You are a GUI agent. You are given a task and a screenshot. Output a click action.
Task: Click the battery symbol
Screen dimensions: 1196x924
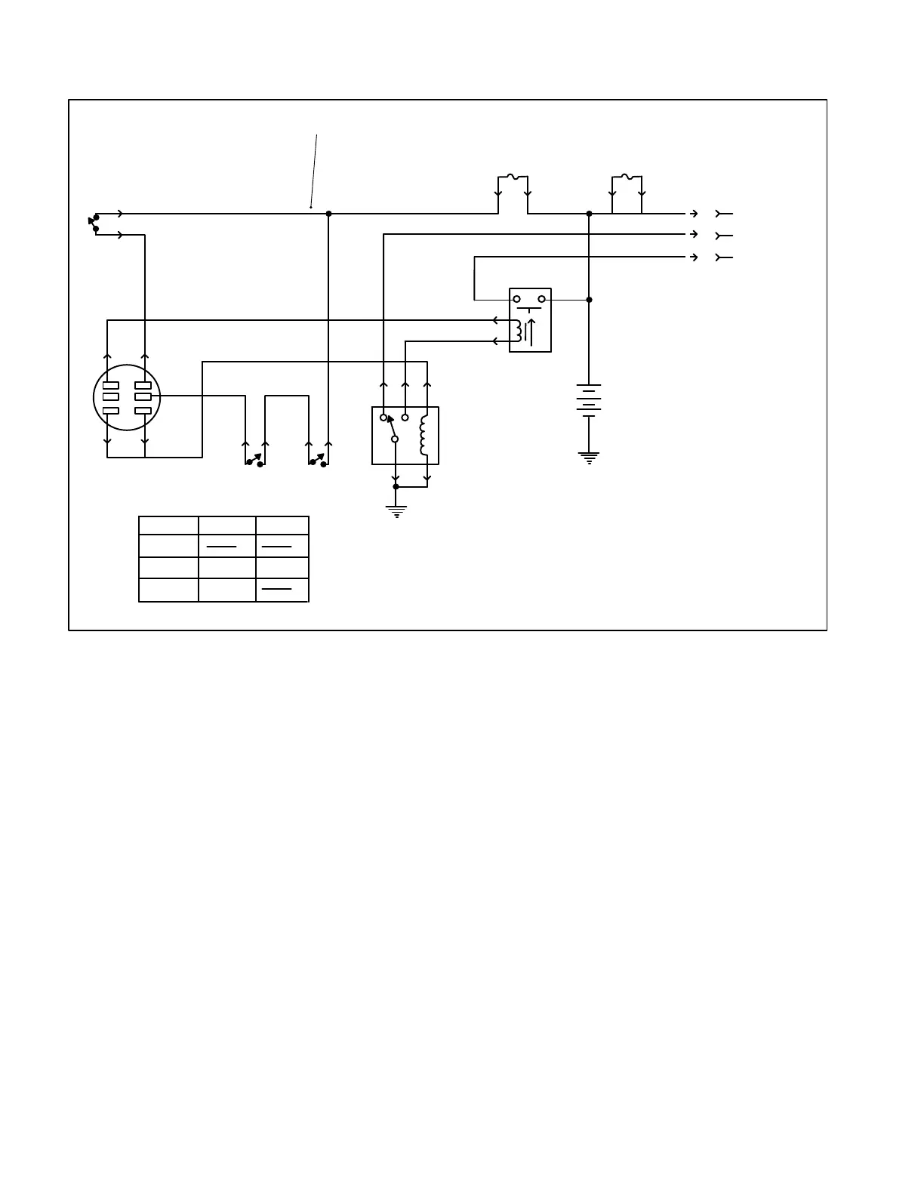tap(589, 400)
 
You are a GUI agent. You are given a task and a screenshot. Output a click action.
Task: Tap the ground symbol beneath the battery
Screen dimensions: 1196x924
tap(589, 457)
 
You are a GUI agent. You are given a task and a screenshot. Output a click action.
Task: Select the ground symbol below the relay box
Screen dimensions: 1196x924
tap(396, 511)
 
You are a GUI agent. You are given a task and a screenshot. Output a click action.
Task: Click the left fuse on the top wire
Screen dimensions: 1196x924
tap(513, 178)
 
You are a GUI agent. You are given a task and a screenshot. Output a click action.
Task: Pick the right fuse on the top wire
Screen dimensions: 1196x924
tap(626, 178)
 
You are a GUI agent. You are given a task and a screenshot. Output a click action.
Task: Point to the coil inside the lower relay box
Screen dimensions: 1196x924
tap(423, 435)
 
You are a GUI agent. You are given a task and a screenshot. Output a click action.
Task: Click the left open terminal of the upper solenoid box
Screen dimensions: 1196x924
tap(517, 300)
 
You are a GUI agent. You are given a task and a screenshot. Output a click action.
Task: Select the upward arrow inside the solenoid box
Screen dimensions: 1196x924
tap(531, 332)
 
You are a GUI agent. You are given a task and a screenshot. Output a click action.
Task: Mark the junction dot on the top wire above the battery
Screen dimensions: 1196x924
tap(590, 214)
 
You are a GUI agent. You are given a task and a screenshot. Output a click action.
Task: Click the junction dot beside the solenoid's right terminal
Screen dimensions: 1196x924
tap(590, 300)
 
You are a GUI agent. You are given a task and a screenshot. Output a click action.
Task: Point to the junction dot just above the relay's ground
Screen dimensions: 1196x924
tap(396, 487)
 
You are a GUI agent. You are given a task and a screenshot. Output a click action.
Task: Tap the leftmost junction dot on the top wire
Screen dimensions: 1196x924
tap(328, 214)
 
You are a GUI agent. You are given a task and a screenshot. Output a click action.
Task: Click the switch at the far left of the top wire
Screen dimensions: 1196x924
tap(94, 223)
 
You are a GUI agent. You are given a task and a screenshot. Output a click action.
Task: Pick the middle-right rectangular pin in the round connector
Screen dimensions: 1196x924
tap(143, 397)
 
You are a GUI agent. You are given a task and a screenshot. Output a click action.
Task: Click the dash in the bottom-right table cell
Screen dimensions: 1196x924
tap(276, 588)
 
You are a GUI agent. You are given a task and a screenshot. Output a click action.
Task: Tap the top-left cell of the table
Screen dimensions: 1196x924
tap(168, 526)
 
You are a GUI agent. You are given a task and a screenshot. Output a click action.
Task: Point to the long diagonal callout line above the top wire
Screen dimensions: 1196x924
tap(314, 171)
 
